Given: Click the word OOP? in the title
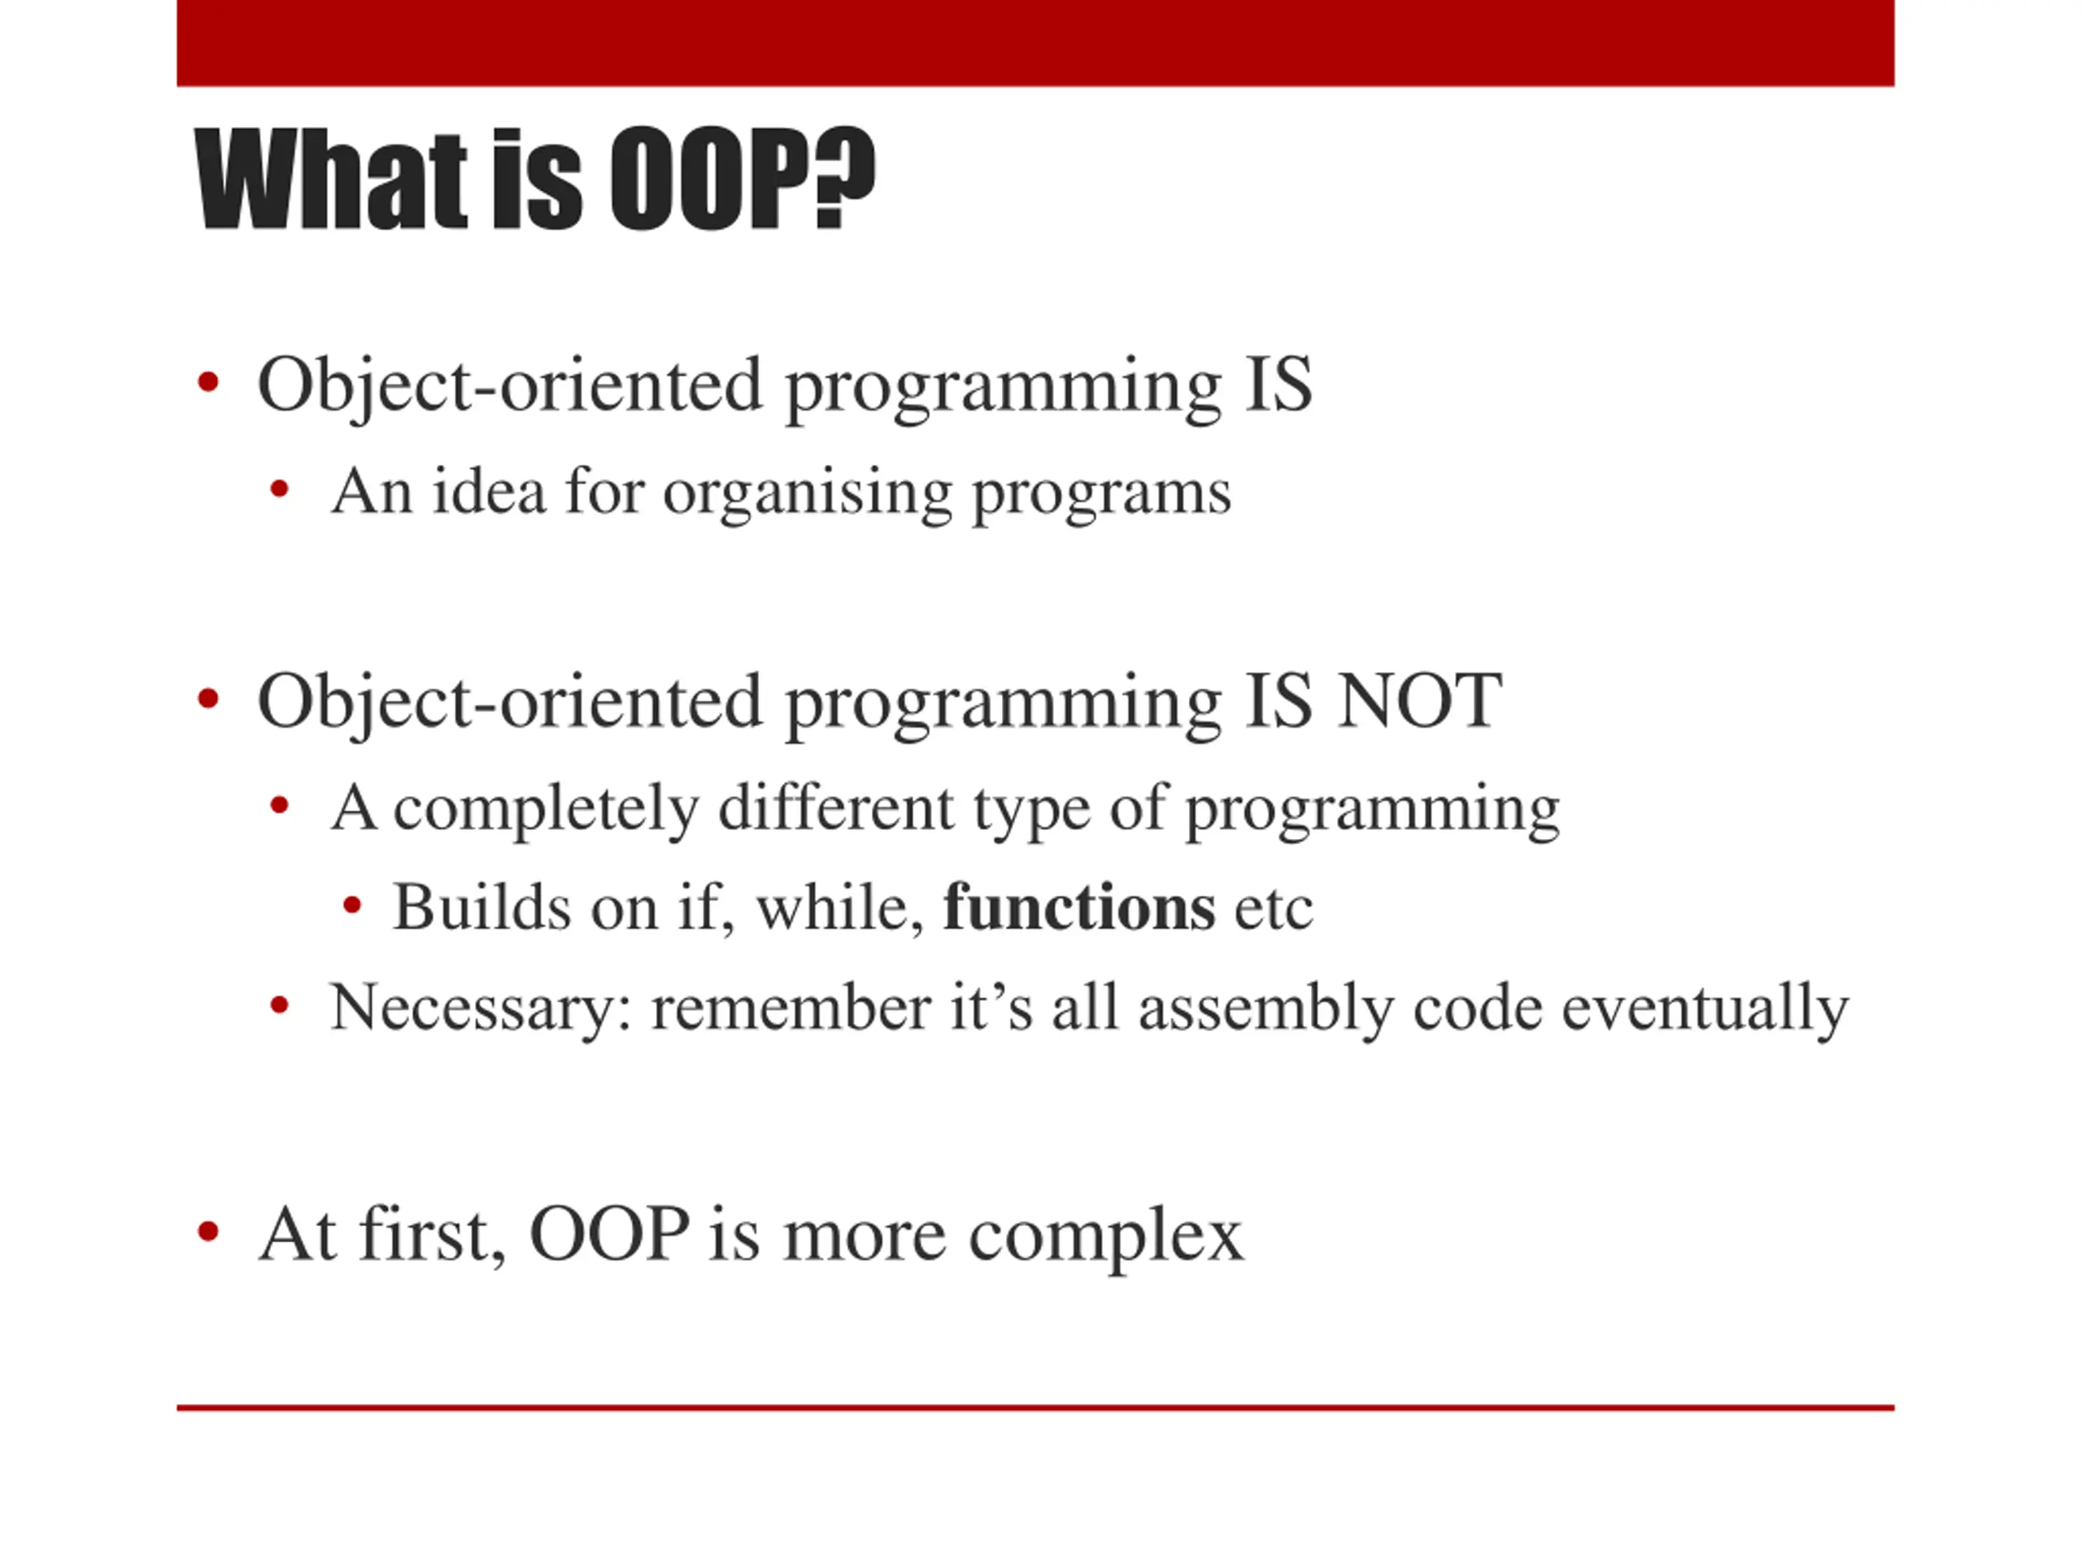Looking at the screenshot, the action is pyautogui.click(x=743, y=178).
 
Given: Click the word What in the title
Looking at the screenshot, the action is pyautogui.click(x=330, y=179).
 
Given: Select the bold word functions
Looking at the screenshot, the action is pyautogui.click(x=1078, y=908).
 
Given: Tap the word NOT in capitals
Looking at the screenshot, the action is pyautogui.click(x=1419, y=701).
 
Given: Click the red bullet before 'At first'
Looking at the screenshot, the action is pyautogui.click(x=208, y=1231).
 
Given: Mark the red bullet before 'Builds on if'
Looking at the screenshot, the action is pyautogui.click(x=352, y=905).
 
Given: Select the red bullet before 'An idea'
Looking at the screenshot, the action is pyautogui.click(x=279, y=489).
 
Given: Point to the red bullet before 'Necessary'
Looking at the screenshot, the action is pyautogui.click(x=279, y=1006).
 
